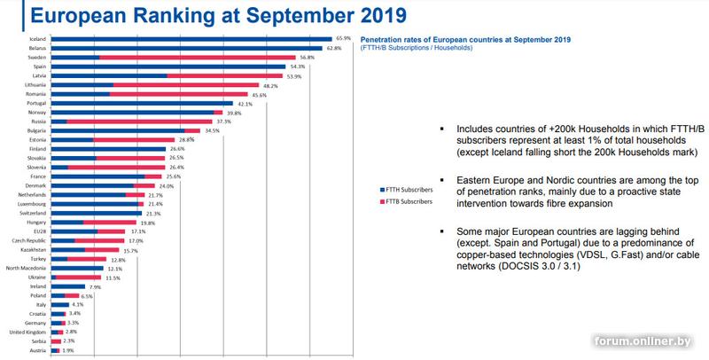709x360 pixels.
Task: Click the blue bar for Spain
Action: pos(168,67)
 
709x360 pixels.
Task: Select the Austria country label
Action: pos(39,350)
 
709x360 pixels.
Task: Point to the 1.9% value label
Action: pos(67,350)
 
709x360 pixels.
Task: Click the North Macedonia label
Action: pos(27,268)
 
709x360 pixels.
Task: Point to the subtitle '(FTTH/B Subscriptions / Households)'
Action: pos(417,48)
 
